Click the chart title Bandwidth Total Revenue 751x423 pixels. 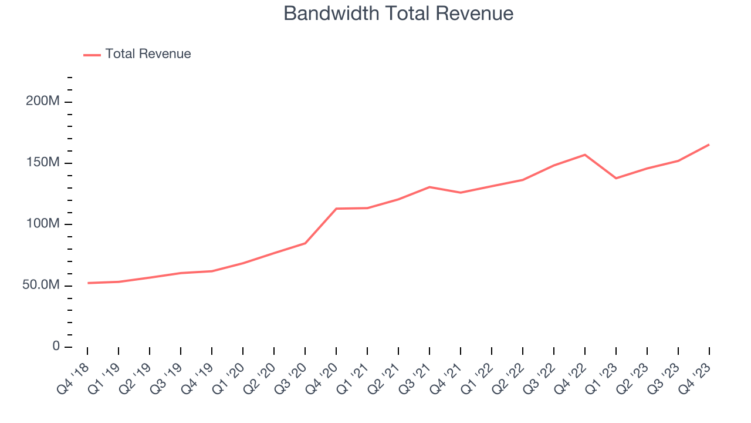(398, 14)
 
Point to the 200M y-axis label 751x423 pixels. (43, 101)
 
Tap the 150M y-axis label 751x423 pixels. (43, 163)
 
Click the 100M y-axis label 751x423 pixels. (43, 224)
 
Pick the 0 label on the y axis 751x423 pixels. (56, 346)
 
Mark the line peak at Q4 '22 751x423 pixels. (585, 155)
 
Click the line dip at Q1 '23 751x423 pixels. (616, 178)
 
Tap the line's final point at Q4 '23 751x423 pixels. (709, 145)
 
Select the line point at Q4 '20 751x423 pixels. (336, 209)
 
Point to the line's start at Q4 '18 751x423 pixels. (88, 283)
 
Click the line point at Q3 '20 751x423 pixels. (305, 243)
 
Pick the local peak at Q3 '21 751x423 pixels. (429, 187)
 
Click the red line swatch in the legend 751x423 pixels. (92, 55)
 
